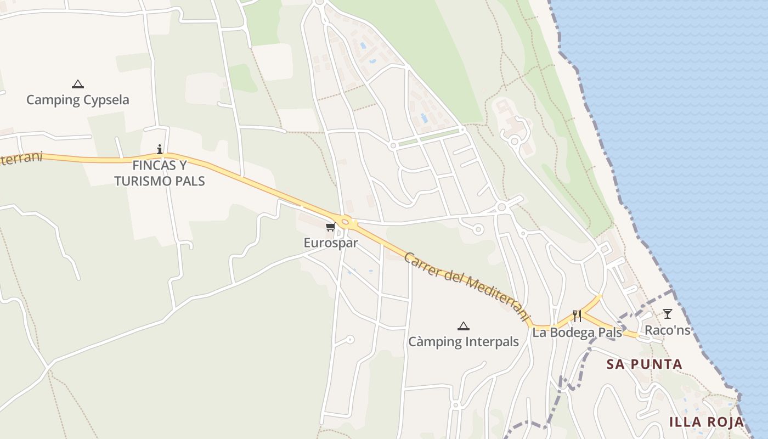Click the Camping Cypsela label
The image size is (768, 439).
pyautogui.click(x=78, y=100)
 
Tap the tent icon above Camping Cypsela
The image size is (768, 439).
pyautogui.click(x=78, y=85)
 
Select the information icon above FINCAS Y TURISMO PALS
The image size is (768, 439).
pyautogui.click(x=160, y=149)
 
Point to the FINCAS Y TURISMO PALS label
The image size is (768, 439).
pyautogui.click(x=160, y=173)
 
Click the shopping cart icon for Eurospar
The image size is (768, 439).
pyautogui.click(x=330, y=227)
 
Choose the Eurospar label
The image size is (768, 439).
pyautogui.click(x=331, y=243)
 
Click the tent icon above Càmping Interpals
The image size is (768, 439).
pyautogui.click(x=464, y=327)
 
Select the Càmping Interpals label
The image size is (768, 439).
pyautogui.click(x=464, y=342)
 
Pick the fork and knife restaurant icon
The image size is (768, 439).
pyautogui.click(x=577, y=316)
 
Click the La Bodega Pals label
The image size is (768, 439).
pyautogui.click(x=577, y=332)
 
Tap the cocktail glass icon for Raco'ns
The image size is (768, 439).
pyautogui.click(x=667, y=314)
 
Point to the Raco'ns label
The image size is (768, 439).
pyautogui.click(x=667, y=330)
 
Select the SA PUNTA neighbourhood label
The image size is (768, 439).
pyautogui.click(x=644, y=364)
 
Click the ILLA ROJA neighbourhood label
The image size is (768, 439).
pyautogui.click(x=707, y=422)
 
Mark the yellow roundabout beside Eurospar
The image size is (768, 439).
pyautogui.click(x=345, y=223)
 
